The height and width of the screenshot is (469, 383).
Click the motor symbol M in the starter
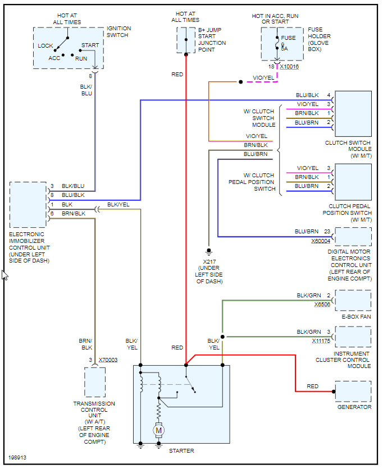(x=158, y=430)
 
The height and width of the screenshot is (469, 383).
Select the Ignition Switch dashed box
(x=69, y=48)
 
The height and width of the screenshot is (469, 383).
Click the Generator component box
(x=353, y=391)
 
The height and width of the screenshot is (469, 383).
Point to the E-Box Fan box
(x=353, y=300)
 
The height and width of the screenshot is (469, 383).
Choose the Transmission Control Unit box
(x=95, y=382)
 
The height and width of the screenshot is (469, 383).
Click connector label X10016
(x=289, y=66)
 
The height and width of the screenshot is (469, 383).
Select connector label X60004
(x=321, y=241)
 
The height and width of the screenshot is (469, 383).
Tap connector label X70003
(x=108, y=360)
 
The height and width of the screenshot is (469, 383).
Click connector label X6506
(x=322, y=304)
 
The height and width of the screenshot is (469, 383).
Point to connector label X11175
(x=322, y=341)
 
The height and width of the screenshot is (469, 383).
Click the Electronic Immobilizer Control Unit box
(x=28, y=204)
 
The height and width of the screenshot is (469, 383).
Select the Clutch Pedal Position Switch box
(x=353, y=182)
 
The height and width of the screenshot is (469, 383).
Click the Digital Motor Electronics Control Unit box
(x=353, y=237)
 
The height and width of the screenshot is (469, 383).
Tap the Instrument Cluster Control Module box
(x=353, y=337)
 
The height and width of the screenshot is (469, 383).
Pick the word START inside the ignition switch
(x=90, y=45)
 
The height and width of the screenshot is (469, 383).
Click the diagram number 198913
(x=17, y=458)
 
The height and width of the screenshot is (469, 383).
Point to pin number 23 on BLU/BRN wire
(x=327, y=231)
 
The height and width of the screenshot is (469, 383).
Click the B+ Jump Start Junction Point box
(x=186, y=40)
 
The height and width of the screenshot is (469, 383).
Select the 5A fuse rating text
(x=284, y=49)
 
